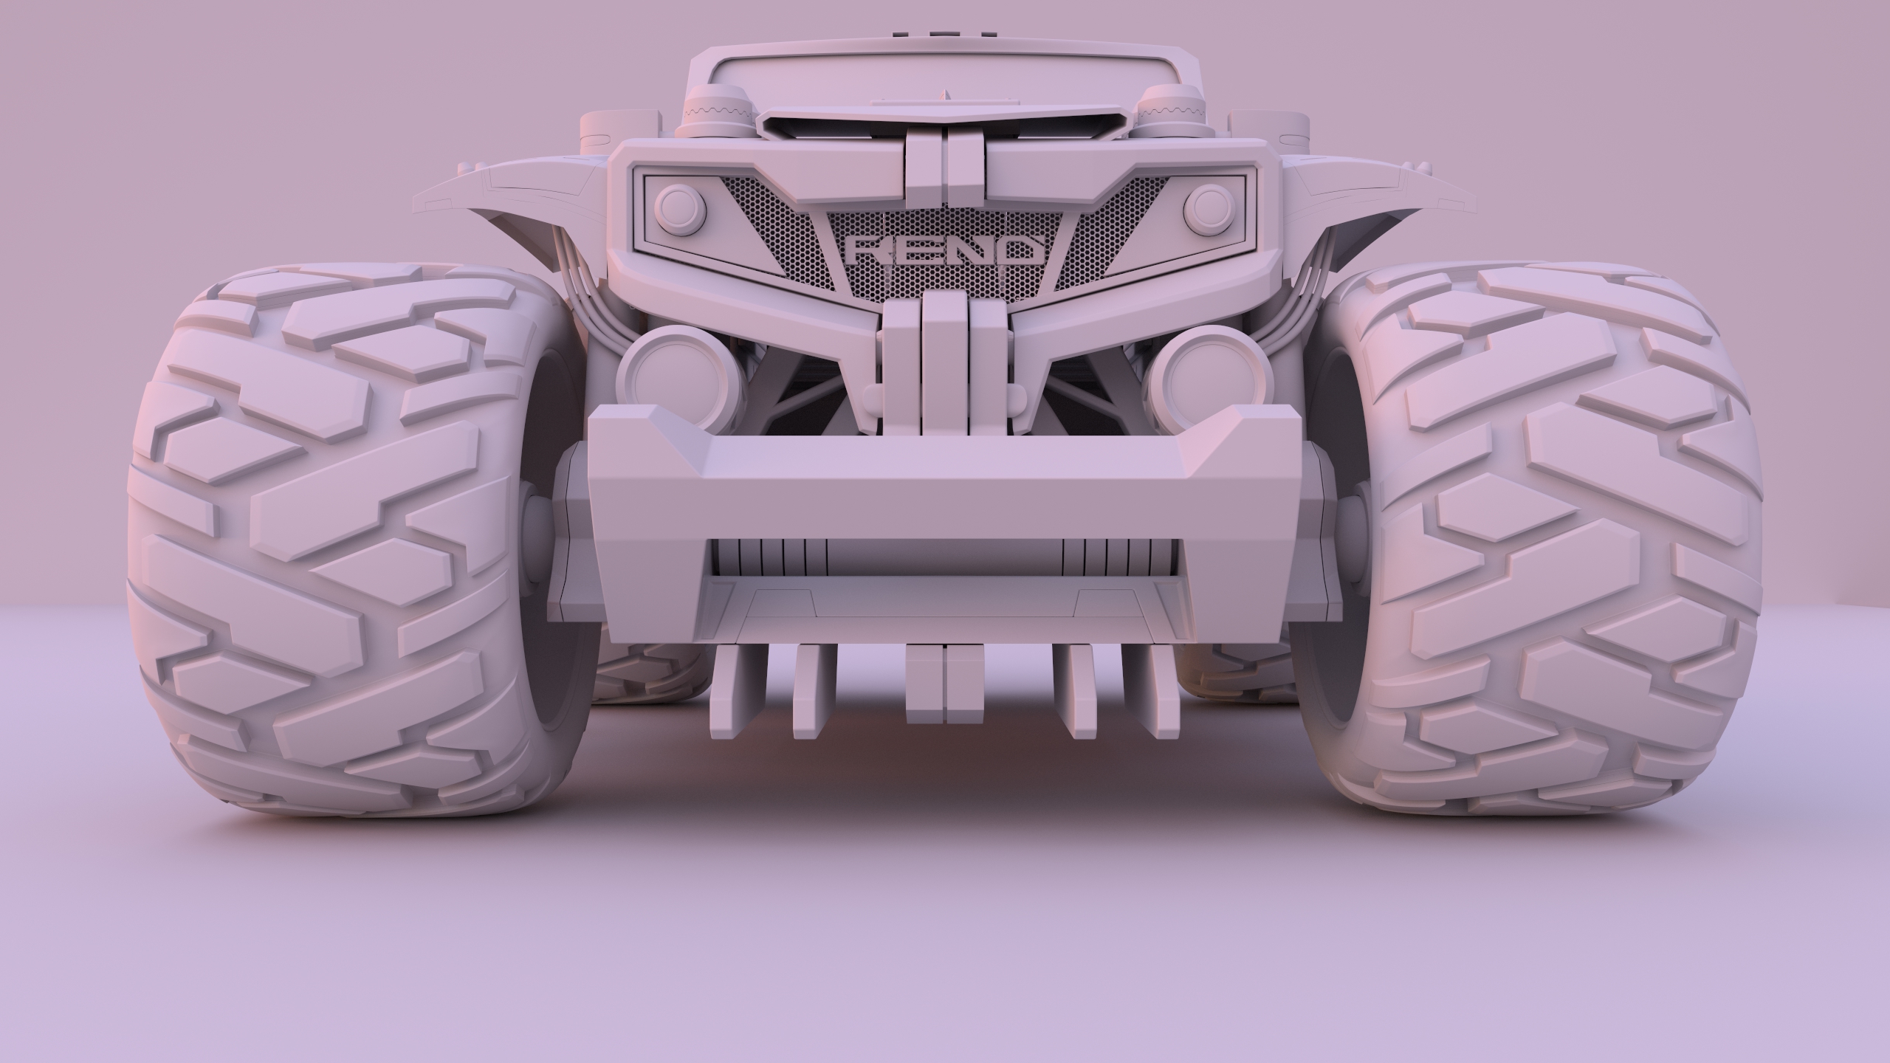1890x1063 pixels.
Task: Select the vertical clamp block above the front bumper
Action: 944,362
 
